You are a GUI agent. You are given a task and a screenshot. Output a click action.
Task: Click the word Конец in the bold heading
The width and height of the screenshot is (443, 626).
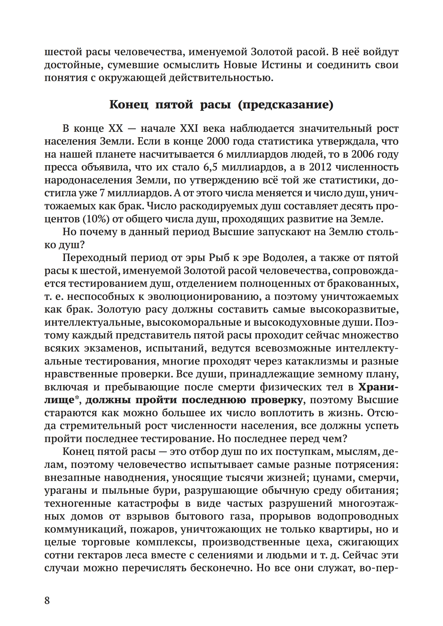(129, 105)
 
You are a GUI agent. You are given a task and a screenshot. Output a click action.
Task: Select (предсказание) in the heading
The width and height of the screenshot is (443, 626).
(286, 105)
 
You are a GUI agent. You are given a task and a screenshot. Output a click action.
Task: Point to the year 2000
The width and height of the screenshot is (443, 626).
(218, 141)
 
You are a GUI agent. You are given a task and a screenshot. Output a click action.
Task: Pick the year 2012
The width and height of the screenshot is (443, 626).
(320, 167)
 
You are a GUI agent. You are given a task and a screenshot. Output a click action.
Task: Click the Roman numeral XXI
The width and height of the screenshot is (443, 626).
(189, 128)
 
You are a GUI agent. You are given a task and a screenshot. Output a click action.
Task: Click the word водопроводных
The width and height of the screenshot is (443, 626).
(358, 516)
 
